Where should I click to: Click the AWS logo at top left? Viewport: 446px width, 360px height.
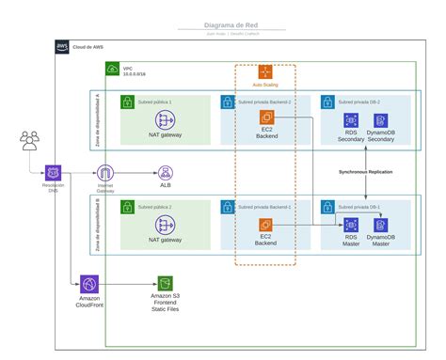click(x=62, y=46)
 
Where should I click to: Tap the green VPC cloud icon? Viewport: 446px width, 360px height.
click(x=112, y=69)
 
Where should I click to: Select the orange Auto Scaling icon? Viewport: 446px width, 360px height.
click(x=265, y=71)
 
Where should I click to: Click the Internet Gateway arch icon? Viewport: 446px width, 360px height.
click(x=104, y=172)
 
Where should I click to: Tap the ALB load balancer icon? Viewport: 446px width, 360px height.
click(x=166, y=172)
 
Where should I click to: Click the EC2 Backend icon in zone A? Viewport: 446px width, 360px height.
click(x=265, y=117)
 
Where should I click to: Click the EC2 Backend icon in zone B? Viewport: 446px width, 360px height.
click(x=265, y=225)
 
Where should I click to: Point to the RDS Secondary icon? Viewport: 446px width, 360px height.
click(x=351, y=120)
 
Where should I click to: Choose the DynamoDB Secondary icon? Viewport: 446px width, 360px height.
click(x=381, y=120)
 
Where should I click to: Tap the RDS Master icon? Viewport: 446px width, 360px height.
click(x=351, y=225)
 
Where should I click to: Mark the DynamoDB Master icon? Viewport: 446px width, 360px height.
click(x=381, y=225)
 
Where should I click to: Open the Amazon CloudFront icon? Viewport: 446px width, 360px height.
click(x=89, y=283)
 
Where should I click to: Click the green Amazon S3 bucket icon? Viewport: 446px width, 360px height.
click(x=166, y=283)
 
